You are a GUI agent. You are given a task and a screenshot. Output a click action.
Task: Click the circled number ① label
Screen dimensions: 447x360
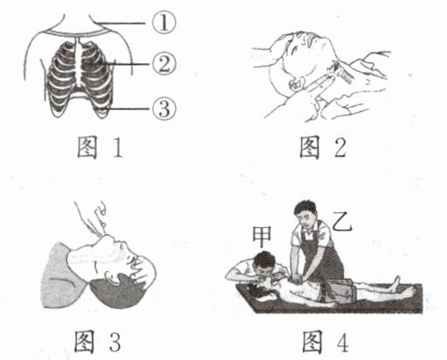pyautogui.click(x=164, y=23)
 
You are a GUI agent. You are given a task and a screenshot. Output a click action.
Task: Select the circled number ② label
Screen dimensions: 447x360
pyautogui.click(x=164, y=64)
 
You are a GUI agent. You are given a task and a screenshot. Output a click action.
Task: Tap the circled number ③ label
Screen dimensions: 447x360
pyautogui.click(x=164, y=108)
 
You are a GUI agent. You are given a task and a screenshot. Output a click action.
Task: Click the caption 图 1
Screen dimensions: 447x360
pyautogui.click(x=100, y=148)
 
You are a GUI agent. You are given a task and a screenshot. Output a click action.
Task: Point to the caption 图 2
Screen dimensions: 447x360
pyautogui.click(x=323, y=148)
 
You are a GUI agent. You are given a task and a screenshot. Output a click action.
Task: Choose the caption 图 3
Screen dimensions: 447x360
pyautogui.click(x=98, y=341)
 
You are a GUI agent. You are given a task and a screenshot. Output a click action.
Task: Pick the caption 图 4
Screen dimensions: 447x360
pyautogui.click(x=325, y=341)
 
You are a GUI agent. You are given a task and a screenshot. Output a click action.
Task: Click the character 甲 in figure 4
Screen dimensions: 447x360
pyautogui.click(x=262, y=236)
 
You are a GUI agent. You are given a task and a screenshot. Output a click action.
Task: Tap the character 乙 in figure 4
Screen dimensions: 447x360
pyautogui.click(x=342, y=221)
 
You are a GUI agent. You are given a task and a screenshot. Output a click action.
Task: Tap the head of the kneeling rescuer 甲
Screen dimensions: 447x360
pyautogui.click(x=264, y=264)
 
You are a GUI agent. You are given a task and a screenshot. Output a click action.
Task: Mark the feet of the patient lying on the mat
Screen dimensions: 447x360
pyautogui.click(x=404, y=286)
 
